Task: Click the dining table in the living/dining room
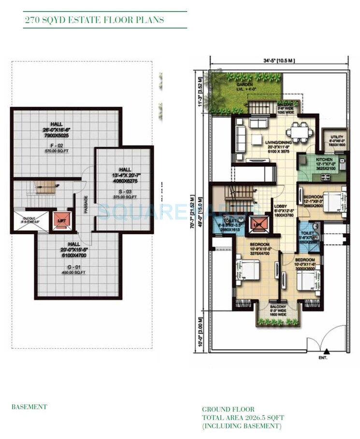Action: [x=295, y=130]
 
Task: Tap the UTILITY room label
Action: [x=333, y=138]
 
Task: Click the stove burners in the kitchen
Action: [x=342, y=164]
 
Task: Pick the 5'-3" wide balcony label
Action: [x=278, y=310]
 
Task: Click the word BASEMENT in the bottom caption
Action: [x=29, y=407]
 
